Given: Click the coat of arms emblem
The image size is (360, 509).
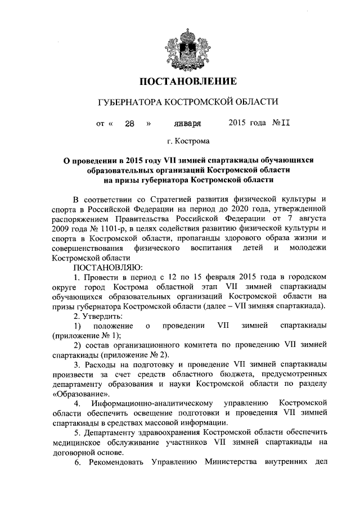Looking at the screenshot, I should coord(179,47).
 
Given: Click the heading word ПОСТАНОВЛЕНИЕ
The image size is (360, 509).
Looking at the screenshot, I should coord(179,82).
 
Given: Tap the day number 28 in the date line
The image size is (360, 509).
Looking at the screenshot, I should coord(129,123).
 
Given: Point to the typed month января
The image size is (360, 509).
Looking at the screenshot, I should coord(188,123).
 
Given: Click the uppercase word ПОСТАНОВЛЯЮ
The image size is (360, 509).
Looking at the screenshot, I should coord(108,267).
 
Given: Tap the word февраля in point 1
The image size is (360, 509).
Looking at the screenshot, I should coord(217,277).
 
